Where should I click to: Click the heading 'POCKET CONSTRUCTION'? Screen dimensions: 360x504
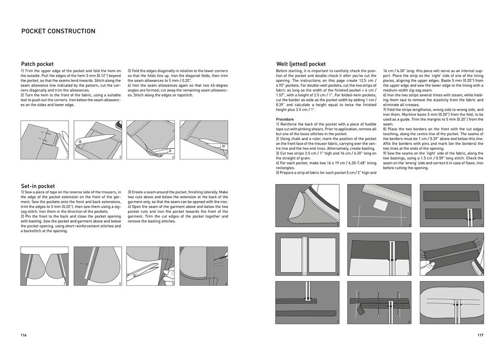(x=58, y=31)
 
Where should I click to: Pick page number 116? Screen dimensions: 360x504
(x=24, y=335)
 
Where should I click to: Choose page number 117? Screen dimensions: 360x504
(x=480, y=335)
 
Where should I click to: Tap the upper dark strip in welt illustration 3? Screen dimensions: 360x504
(x=452, y=195)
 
